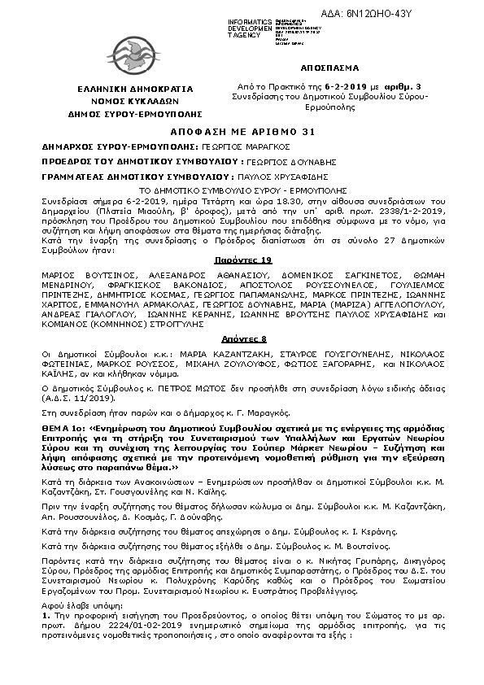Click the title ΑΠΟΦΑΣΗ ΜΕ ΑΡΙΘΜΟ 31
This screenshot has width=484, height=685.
(x=242, y=132)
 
